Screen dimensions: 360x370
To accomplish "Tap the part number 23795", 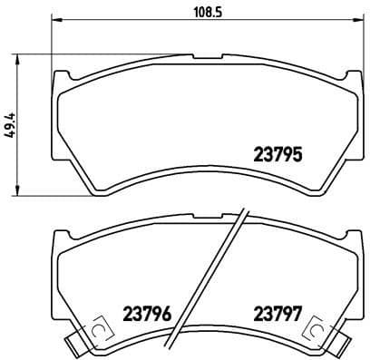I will [x=275, y=153].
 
